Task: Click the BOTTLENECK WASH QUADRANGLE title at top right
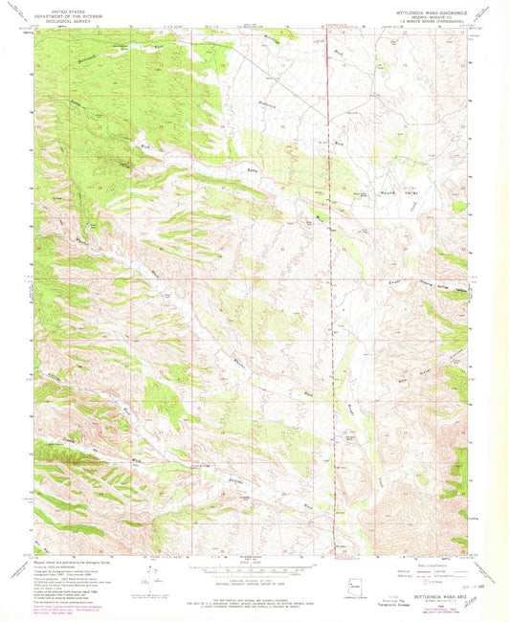(428, 11)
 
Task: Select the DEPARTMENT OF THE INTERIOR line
(70, 14)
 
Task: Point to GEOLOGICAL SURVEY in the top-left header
(70, 19)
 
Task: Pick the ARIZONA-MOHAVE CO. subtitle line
(428, 16)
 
